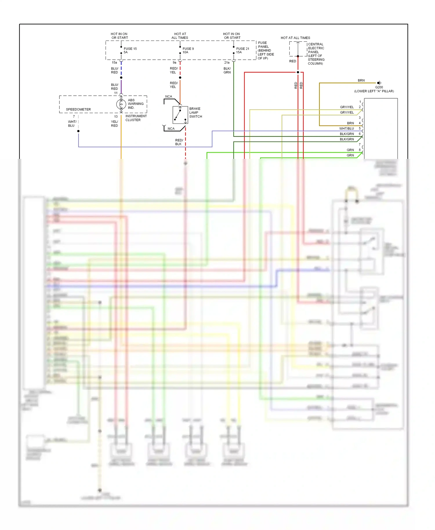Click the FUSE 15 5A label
130,50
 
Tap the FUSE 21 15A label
242,50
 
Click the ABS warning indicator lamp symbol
121,104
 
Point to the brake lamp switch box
180,115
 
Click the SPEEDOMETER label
78,109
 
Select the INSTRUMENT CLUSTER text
136,118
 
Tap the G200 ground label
379,87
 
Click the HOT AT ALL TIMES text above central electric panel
295,38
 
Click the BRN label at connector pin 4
350,123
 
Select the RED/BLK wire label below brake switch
179,142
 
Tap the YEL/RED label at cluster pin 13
114,124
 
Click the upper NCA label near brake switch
168,97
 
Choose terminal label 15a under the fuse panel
114,63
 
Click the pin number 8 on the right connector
360,150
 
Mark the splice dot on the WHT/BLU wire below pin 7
78,131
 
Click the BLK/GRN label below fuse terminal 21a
227,70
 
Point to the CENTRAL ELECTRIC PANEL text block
316,54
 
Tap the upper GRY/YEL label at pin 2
347,107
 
